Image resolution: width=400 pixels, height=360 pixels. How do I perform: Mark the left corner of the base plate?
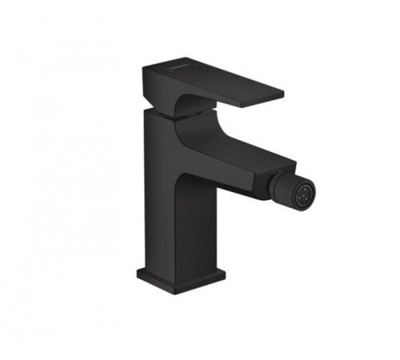pyautogui.click(x=138, y=273)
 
